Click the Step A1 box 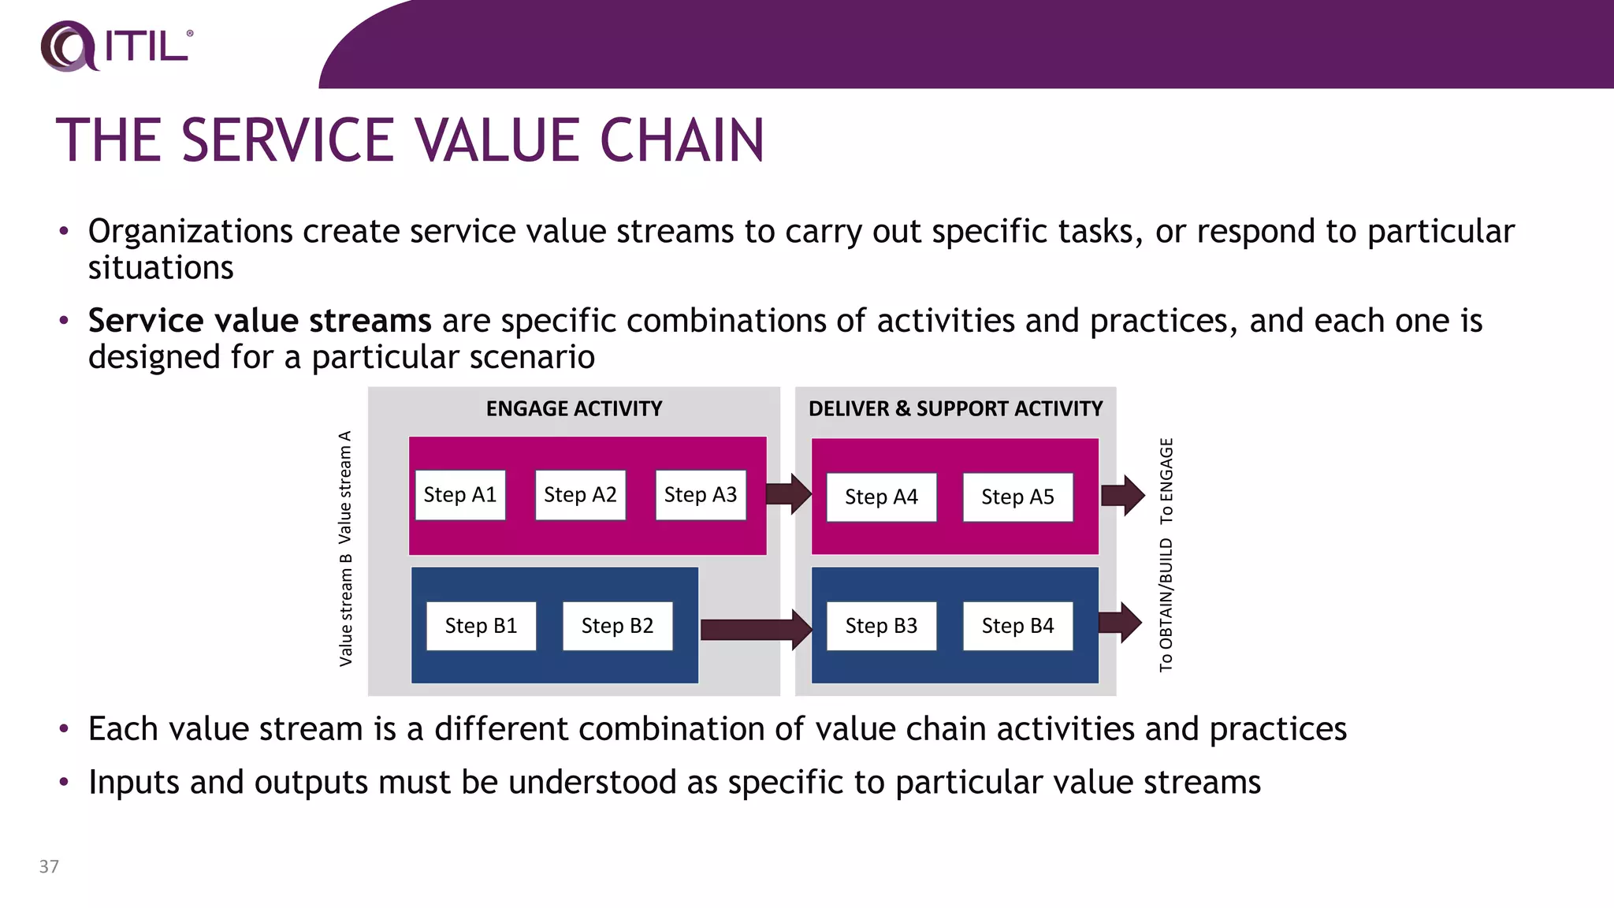pyautogui.click(x=460, y=495)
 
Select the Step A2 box pyautogui.click(x=580, y=495)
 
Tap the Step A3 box pyautogui.click(x=701, y=495)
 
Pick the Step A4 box pyautogui.click(x=881, y=497)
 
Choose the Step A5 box pyautogui.click(x=1017, y=497)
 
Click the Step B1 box pyautogui.click(x=481, y=626)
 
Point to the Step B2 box pyautogui.click(x=617, y=626)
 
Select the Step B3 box pyautogui.click(x=881, y=626)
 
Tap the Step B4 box pyautogui.click(x=1017, y=626)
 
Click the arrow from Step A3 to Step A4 pyautogui.click(x=788, y=494)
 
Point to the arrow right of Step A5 pyautogui.click(x=1122, y=496)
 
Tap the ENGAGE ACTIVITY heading pyautogui.click(x=574, y=408)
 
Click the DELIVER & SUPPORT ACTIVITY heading pyautogui.click(x=955, y=408)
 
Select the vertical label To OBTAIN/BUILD pyautogui.click(x=1166, y=605)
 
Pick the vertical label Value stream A pyautogui.click(x=345, y=487)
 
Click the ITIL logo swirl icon pyautogui.click(x=67, y=46)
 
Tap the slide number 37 pyautogui.click(x=49, y=866)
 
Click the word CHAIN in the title pyautogui.click(x=682, y=140)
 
